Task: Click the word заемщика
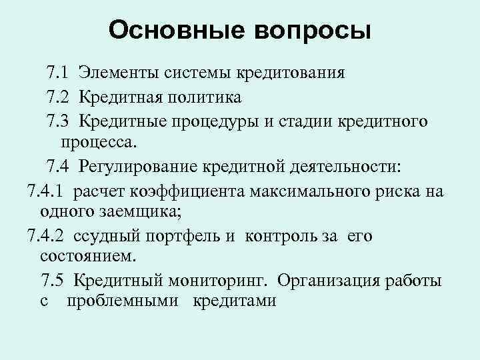pyautogui.click(x=148, y=211)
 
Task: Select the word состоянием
pyautogui.click(x=87, y=256)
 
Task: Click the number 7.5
pyautogui.click(x=54, y=281)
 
